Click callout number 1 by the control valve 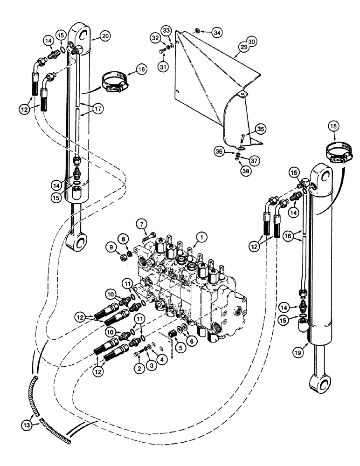[201, 238]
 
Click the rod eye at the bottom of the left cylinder [78, 242]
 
